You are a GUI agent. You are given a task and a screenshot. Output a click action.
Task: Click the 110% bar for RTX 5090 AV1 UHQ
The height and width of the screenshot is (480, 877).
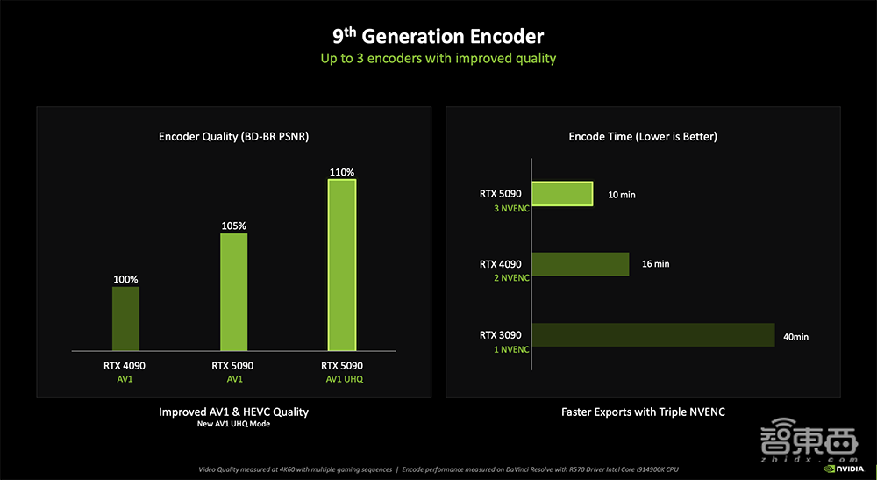(342, 263)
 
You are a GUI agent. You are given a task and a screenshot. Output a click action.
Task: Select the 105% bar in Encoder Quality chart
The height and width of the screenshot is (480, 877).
(233, 292)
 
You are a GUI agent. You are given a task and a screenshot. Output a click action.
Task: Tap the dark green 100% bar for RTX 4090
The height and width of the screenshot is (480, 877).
(125, 319)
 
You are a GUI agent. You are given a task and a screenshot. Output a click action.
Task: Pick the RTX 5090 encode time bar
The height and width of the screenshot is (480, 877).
(563, 194)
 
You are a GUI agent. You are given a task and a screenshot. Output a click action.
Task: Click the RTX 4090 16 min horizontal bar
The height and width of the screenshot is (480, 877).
(581, 264)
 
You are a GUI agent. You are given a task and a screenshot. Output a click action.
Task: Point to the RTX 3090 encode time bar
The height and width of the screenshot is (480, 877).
(653, 335)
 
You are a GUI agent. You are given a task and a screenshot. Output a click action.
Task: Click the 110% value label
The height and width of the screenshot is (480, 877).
(342, 173)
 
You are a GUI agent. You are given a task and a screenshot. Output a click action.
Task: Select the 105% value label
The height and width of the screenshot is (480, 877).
(233, 226)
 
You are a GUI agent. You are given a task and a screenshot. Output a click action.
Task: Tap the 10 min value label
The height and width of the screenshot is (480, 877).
(621, 194)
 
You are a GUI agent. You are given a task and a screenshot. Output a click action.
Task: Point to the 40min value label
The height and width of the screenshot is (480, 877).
(796, 335)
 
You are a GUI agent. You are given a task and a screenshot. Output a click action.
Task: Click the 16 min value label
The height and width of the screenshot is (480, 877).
(655, 264)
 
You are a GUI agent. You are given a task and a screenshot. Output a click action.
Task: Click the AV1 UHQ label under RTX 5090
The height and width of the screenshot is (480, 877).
(342, 379)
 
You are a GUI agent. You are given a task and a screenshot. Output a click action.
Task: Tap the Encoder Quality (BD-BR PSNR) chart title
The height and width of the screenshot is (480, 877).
(233, 137)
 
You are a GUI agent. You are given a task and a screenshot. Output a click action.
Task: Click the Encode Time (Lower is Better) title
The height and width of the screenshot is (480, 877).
(643, 137)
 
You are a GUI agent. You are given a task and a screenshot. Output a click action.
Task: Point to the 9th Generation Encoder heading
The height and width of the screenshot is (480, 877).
(438, 37)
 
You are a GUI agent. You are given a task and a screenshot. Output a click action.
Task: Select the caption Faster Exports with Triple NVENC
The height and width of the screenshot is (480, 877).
(643, 412)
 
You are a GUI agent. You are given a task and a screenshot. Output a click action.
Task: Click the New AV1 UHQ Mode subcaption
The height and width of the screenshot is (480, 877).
(233, 425)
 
